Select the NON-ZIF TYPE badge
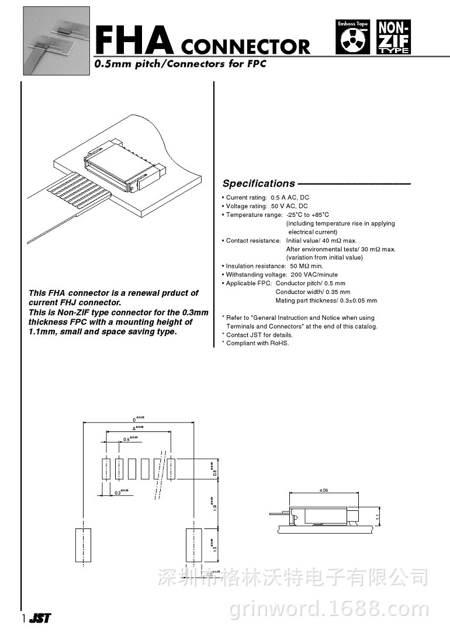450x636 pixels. tap(394, 37)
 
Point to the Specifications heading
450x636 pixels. tap(259, 184)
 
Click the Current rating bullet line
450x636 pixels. tap(265, 198)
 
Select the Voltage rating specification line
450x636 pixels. tap(264, 206)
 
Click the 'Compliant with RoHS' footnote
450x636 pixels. tap(255, 343)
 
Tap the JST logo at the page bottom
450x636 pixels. tap(38, 618)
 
